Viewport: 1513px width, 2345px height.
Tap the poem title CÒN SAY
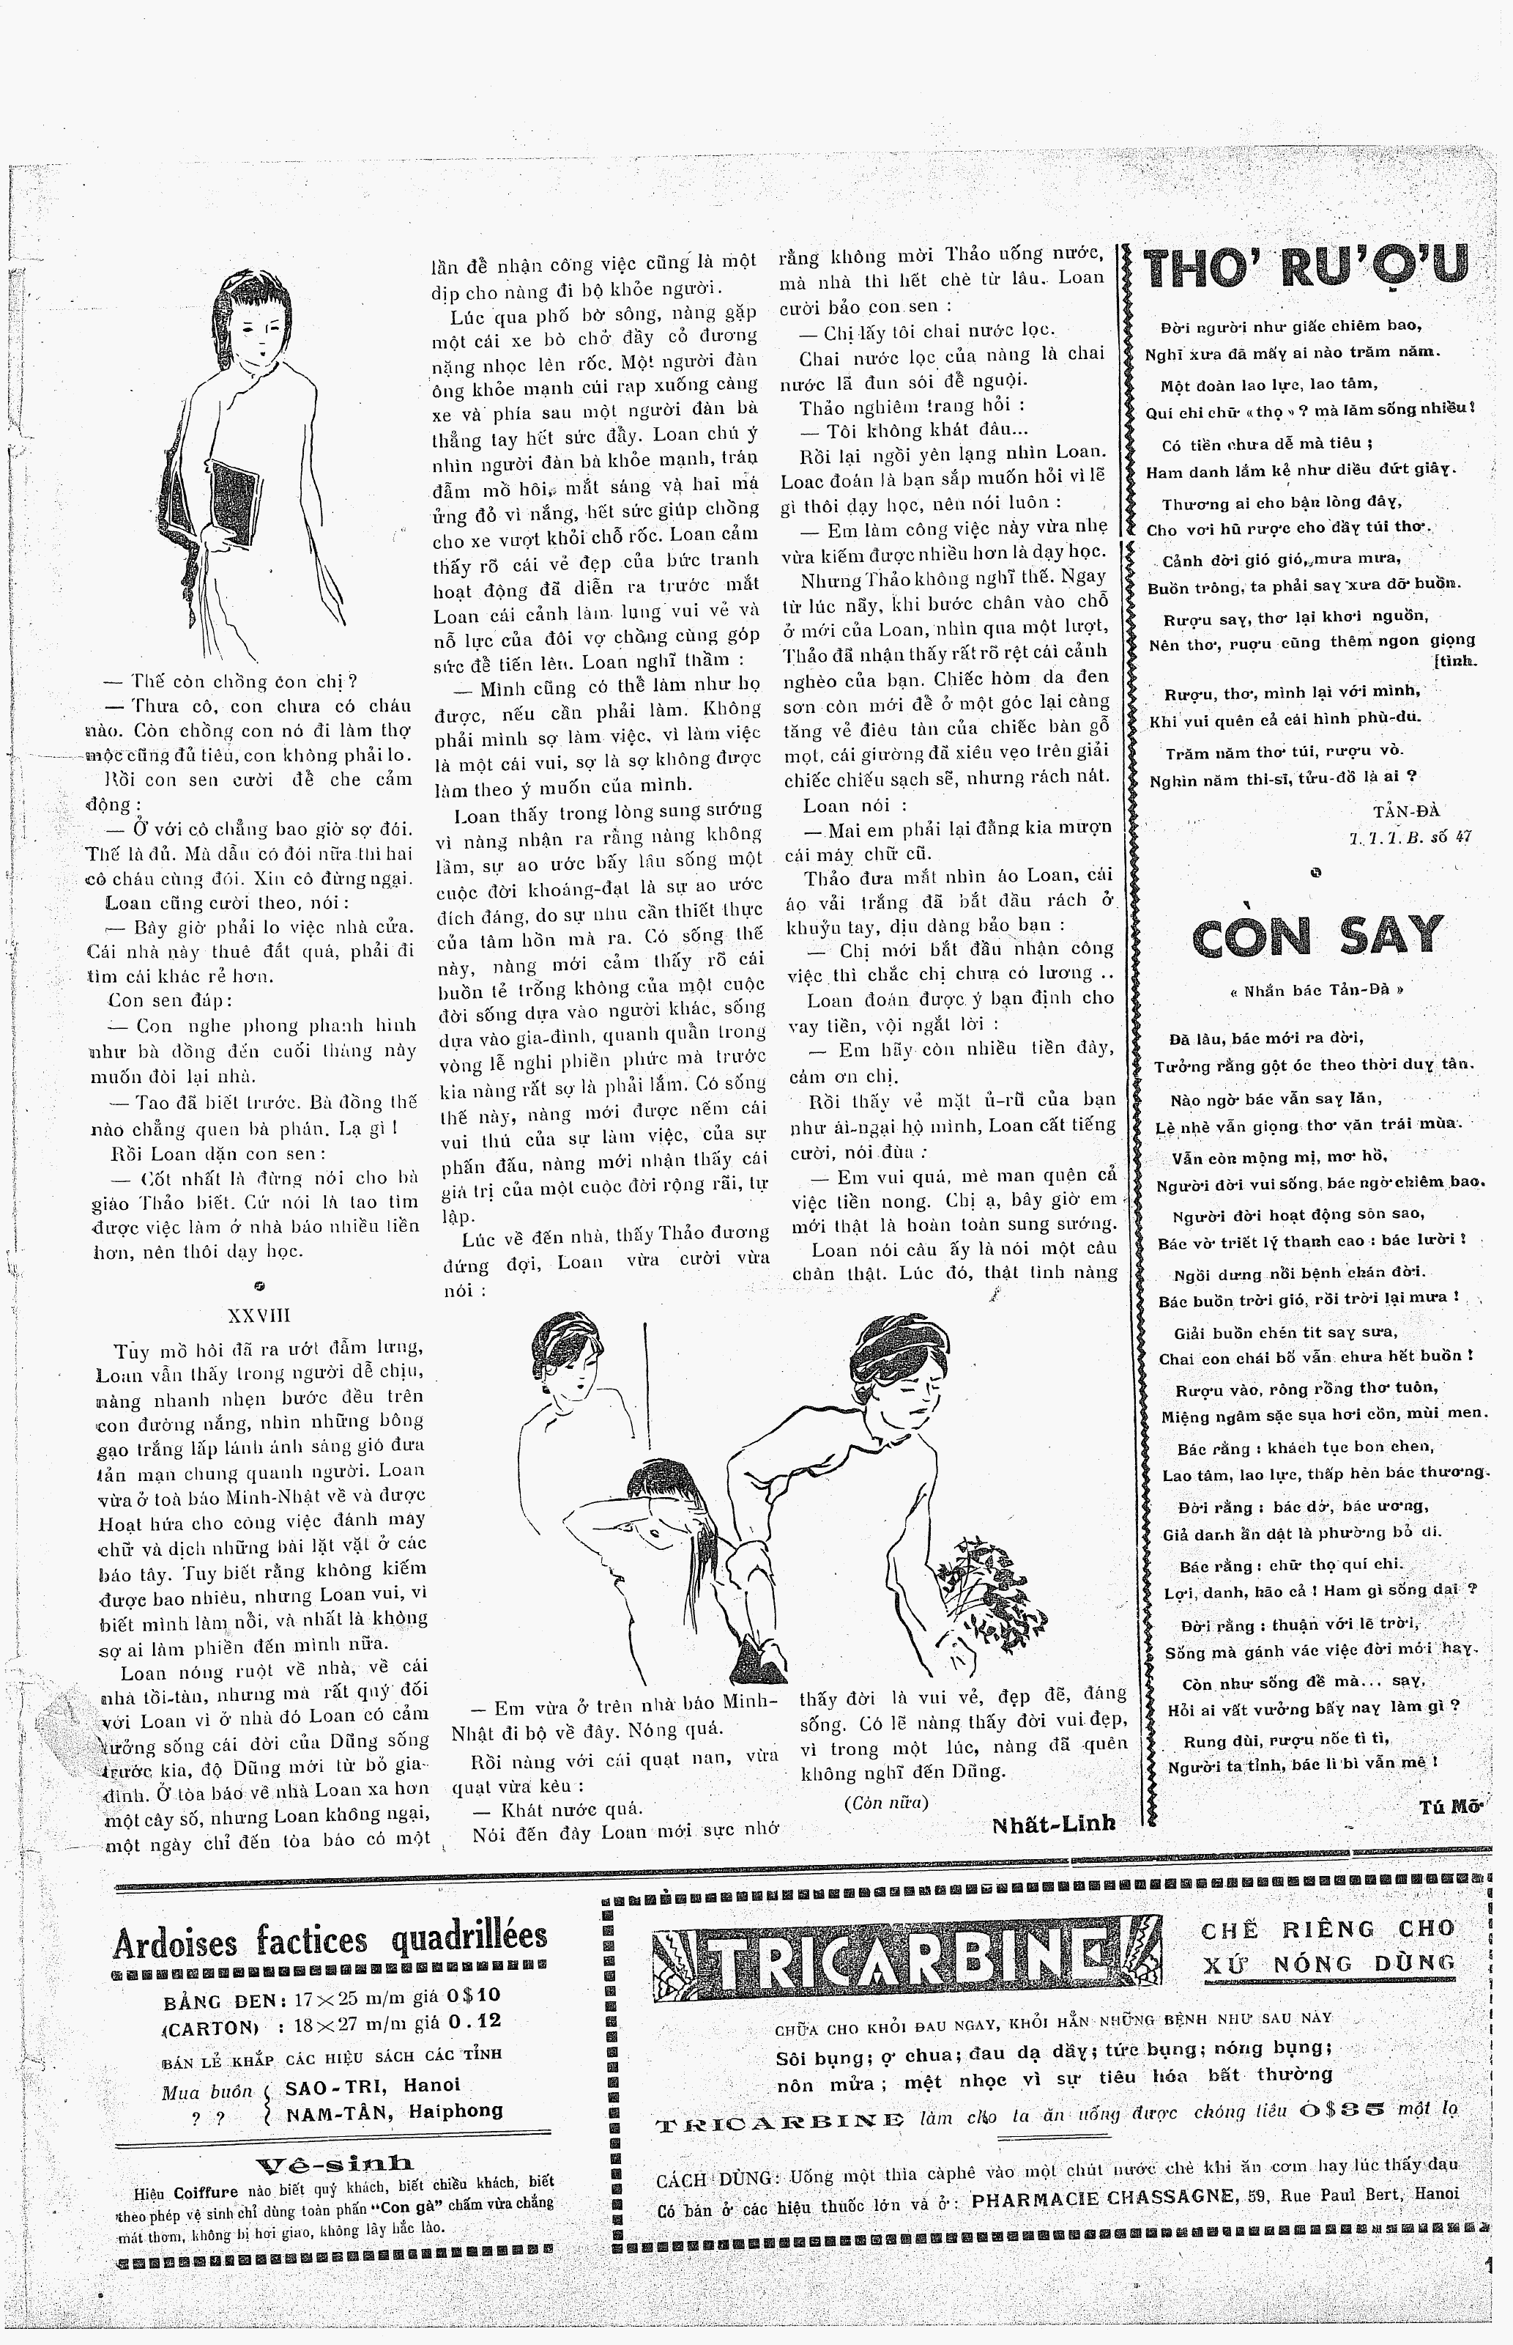tap(1318, 937)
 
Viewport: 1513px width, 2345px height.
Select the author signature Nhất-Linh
tap(1054, 1823)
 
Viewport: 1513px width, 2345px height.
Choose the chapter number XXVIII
tap(259, 1316)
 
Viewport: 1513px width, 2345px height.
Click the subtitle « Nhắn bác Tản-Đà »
tap(1317, 990)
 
